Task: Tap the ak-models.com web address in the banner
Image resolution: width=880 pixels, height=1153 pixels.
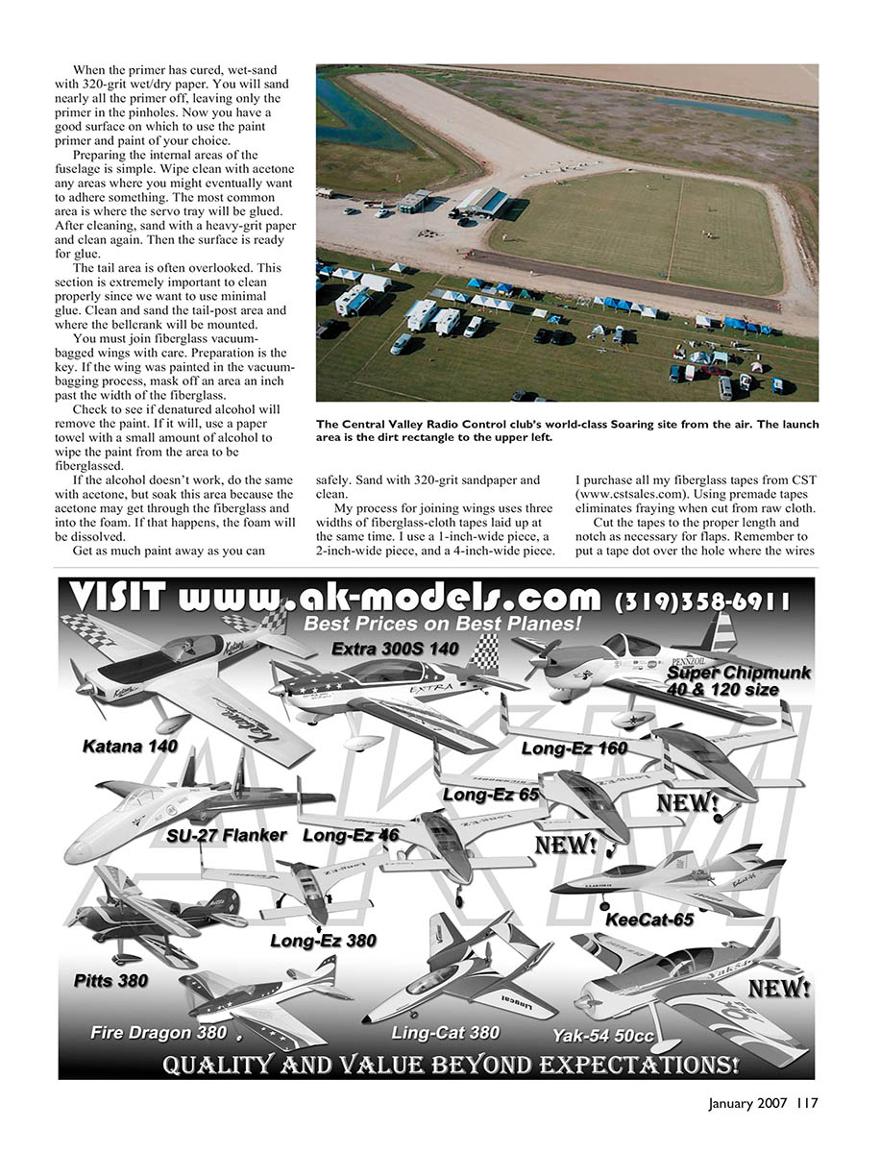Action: (389, 599)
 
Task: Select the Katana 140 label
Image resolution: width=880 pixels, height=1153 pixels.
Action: (130, 745)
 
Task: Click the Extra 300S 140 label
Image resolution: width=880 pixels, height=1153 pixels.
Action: (395, 649)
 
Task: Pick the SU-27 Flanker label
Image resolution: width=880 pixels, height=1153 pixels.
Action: (226, 835)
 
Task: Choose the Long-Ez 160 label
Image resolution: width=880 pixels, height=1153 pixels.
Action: (574, 748)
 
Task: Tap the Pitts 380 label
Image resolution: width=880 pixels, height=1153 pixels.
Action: (111, 981)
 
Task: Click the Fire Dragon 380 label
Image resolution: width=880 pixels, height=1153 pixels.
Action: (159, 1033)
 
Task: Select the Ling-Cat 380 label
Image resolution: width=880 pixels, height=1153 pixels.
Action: (445, 1033)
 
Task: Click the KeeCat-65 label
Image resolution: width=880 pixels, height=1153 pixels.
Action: (649, 920)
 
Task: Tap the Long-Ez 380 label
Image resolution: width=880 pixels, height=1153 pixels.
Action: (323, 941)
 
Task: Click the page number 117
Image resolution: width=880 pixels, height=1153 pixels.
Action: (806, 1103)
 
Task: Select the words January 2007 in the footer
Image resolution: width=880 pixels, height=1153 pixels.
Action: (745, 1103)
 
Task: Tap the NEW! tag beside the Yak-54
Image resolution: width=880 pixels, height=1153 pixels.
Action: (778, 988)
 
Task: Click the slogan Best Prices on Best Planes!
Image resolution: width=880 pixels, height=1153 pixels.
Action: (443, 625)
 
